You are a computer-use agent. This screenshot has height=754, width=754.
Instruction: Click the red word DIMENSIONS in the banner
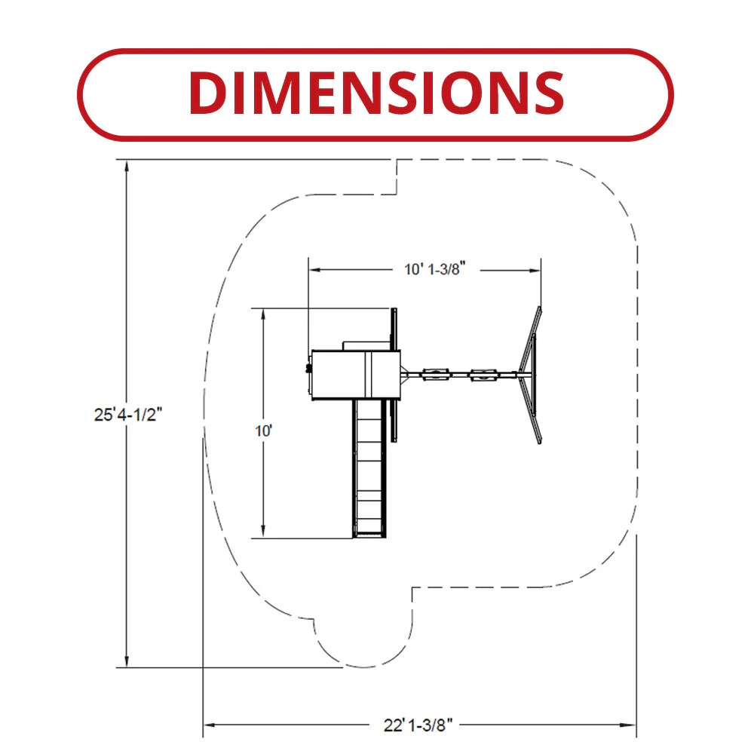tap(376, 93)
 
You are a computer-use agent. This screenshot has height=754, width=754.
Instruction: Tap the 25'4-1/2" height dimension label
tap(128, 415)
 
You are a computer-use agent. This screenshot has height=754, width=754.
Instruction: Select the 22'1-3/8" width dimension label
tap(418, 725)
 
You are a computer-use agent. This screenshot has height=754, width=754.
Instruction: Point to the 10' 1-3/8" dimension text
tap(435, 269)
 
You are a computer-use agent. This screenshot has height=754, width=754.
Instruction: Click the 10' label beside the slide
tap(263, 431)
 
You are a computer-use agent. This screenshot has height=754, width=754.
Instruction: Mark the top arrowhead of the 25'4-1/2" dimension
tap(127, 166)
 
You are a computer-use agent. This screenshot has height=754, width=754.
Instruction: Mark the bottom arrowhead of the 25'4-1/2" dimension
tap(127, 661)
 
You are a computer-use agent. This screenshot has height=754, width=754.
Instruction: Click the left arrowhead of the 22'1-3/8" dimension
tap(209, 725)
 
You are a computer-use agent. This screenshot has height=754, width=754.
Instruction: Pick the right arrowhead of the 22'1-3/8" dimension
tap(630, 725)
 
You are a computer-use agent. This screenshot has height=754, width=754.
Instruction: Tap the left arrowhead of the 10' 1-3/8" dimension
tap(315, 270)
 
